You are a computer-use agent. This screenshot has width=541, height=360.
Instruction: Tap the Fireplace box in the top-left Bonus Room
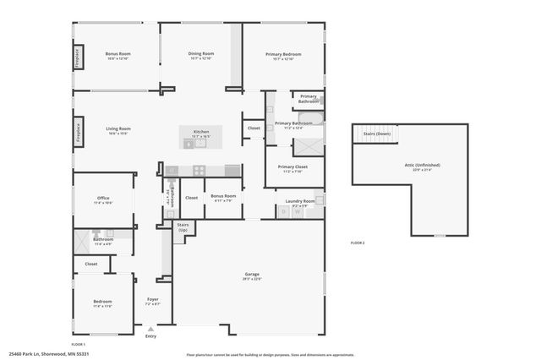[78, 57]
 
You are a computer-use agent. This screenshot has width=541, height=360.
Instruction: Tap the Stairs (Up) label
[182, 227]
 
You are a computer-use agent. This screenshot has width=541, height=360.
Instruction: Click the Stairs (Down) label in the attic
[376, 134]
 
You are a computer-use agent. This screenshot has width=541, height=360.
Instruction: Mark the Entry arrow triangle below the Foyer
[150, 330]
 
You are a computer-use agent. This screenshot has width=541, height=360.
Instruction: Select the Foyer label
[153, 299]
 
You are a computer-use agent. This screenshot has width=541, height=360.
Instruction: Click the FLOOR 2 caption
[358, 243]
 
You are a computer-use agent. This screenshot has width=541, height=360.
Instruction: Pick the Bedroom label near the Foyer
[101, 302]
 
